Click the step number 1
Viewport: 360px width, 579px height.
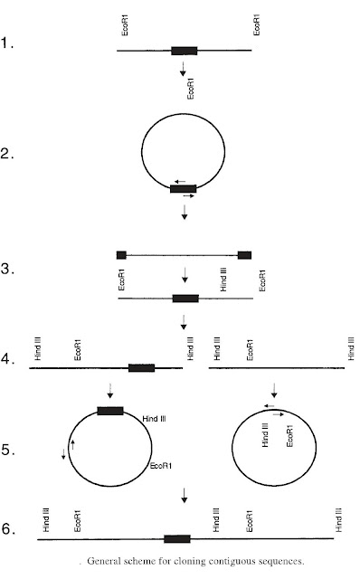tap(8, 42)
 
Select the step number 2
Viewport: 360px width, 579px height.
tap(9, 154)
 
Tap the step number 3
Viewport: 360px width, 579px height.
tap(8, 270)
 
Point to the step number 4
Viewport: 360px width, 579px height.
tap(8, 359)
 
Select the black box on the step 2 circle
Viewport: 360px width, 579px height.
tap(184, 188)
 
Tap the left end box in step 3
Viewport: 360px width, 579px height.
tap(121, 255)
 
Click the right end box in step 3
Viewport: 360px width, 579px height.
tap(244, 255)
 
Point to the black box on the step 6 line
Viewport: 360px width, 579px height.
tap(177, 538)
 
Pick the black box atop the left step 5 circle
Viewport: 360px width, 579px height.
tap(110, 411)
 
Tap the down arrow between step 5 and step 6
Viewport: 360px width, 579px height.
tap(185, 496)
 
